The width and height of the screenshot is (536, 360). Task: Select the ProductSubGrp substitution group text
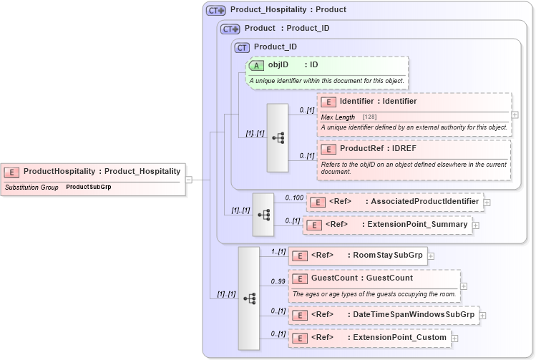click(x=89, y=187)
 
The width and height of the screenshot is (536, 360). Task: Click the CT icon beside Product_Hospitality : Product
click(x=215, y=11)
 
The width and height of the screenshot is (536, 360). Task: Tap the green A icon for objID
click(x=257, y=65)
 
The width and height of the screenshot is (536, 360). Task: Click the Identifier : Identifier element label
click(x=378, y=102)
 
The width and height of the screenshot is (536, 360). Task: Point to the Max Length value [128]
click(x=370, y=117)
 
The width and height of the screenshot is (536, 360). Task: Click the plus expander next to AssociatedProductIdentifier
click(x=487, y=203)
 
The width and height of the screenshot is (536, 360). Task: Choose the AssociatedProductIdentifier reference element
click(x=394, y=202)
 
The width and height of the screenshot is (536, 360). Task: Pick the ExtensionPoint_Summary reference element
click(x=386, y=225)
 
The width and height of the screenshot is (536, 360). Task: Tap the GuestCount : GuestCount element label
click(x=361, y=278)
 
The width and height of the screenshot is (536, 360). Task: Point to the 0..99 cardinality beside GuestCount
click(x=278, y=281)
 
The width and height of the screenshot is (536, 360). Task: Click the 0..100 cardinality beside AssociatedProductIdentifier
click(x=293, y=198)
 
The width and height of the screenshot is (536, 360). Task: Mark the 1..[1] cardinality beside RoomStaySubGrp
click(x=278, y=251)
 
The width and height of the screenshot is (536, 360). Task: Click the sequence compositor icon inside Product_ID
click(x=277, y=137)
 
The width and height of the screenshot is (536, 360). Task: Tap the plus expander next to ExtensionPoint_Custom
click(x=454, y=338)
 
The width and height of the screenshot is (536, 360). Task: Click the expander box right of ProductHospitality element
click(x=189, y=180)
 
